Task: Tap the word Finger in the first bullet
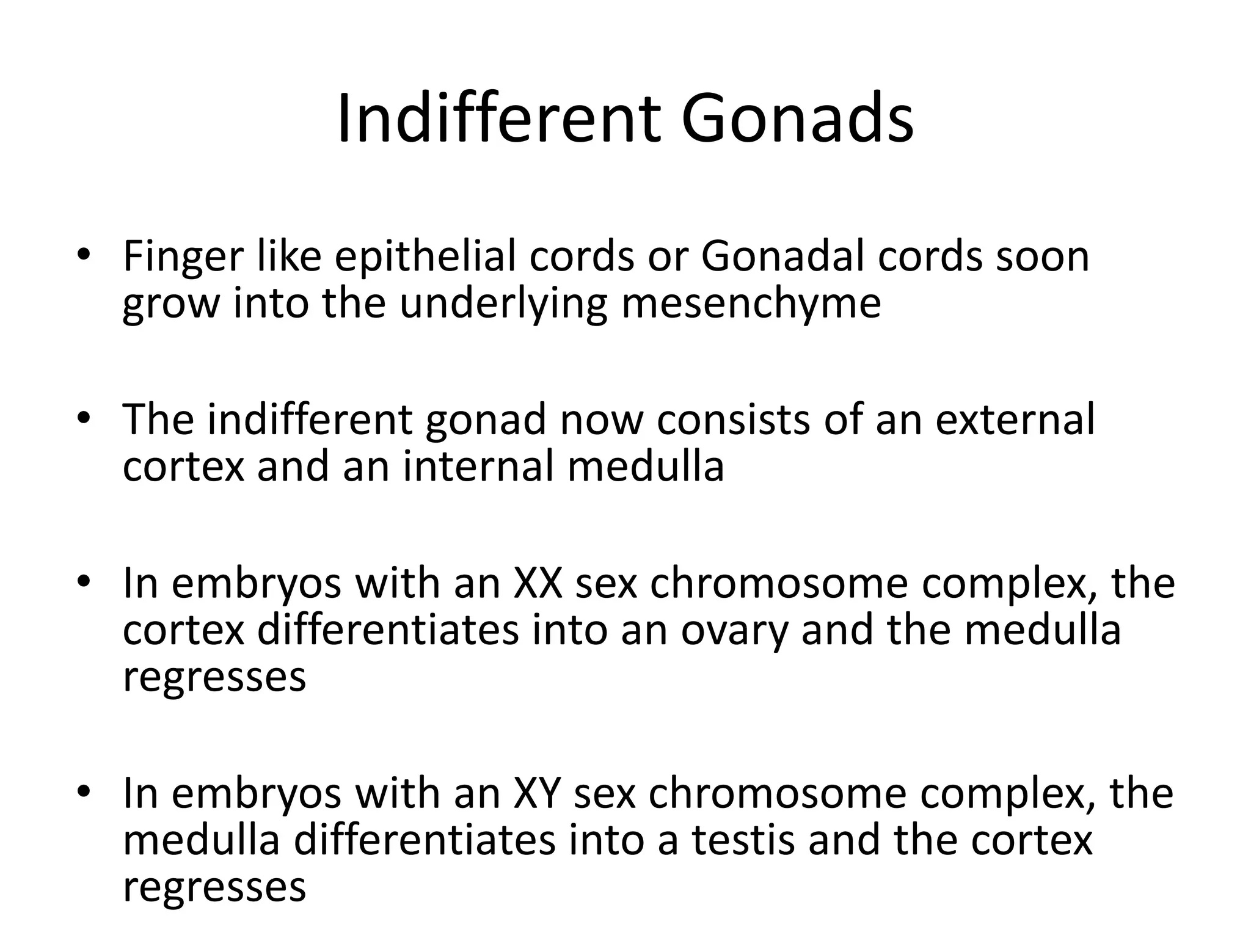point(183,257)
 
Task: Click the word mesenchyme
point(751,304)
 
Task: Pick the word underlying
point(503,304)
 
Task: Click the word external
point(1015,420)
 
